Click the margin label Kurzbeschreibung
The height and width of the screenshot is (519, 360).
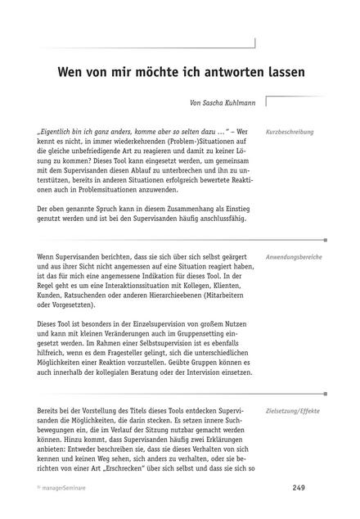click(x=290, y=132)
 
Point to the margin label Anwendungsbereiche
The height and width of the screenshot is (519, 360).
click(x=294, y=257)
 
